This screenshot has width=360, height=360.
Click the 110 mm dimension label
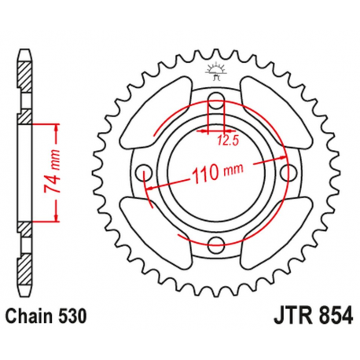(x=215, y=171)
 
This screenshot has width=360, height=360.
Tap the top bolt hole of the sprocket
(x=216, y=100)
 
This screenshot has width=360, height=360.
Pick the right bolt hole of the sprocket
(x=289, y=171)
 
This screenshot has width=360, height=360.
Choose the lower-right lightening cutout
(x=271, y=228)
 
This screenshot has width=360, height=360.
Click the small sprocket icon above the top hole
(x=216, y=72)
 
